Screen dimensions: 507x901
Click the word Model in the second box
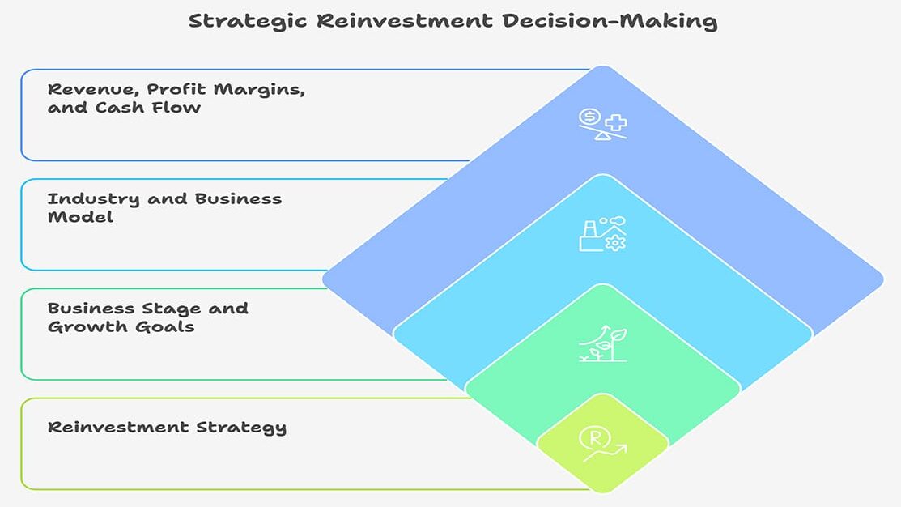(79, 217)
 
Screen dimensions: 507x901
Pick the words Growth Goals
(121, 327)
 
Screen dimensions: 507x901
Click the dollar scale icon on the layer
(603, 124)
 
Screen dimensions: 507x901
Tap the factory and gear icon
(602, 234)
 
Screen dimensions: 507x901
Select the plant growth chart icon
(602, 343)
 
